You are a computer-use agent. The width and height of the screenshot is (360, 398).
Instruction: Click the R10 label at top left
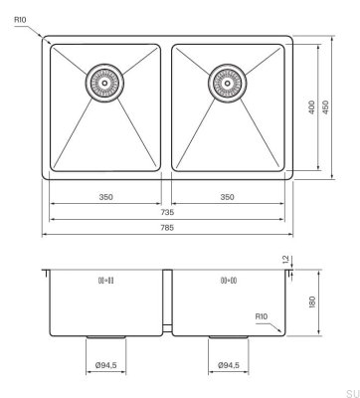[20, 17]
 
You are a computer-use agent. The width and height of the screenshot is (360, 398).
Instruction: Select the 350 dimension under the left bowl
[105, 197]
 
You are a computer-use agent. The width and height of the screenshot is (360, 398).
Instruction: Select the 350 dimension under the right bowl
[227, 197]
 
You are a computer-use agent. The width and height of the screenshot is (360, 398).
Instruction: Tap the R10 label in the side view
[262, 317]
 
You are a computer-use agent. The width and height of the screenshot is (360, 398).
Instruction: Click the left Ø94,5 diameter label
[105, 366]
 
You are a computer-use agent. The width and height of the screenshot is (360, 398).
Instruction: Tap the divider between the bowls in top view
[167, 109]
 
